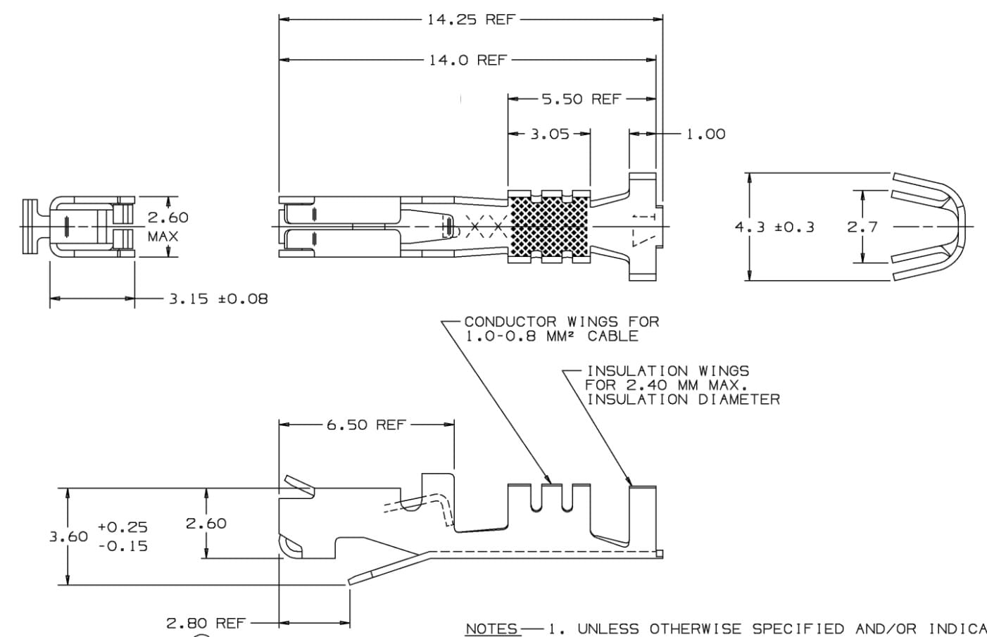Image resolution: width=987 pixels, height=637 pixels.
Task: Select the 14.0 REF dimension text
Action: pyautogui.click(x=467, y=60)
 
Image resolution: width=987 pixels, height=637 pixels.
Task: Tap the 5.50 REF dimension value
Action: pyautogui.click(x=581, y=99)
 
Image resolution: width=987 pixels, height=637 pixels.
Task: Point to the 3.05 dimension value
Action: pyautogui.click(x=549, y=134)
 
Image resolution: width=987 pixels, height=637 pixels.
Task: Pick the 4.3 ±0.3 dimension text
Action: pyautogui.click(x=774, y=227)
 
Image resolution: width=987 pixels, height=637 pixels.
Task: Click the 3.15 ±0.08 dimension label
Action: pyautogui.click(x=218, y=299)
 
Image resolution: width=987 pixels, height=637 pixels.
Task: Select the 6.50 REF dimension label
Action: pyautogui.click(x=366, y=424)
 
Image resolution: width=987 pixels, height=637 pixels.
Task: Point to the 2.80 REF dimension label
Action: pyautogui.click(x=205, y=623)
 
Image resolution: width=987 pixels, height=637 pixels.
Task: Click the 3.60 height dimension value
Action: pyautogui.click(x=68, y=536)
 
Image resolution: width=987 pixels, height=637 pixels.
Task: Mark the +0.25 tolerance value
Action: pyautogui.click(x=122, y=526)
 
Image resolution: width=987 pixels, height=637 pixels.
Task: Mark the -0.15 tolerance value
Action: pyautogui.click(x=122, y=546)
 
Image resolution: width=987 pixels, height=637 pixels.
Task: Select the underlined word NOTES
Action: pyautogui.click(x=492, y=629)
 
